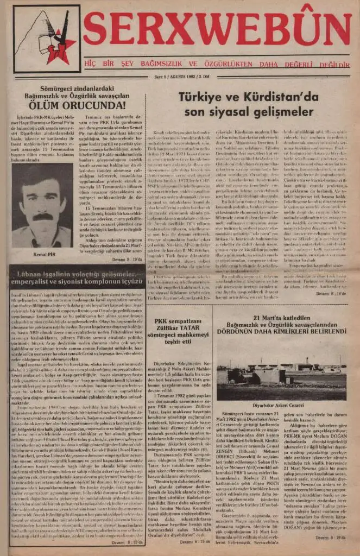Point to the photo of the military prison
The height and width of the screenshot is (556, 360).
click(281, 376)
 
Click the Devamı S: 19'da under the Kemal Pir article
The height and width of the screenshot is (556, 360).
click(127, 259)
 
